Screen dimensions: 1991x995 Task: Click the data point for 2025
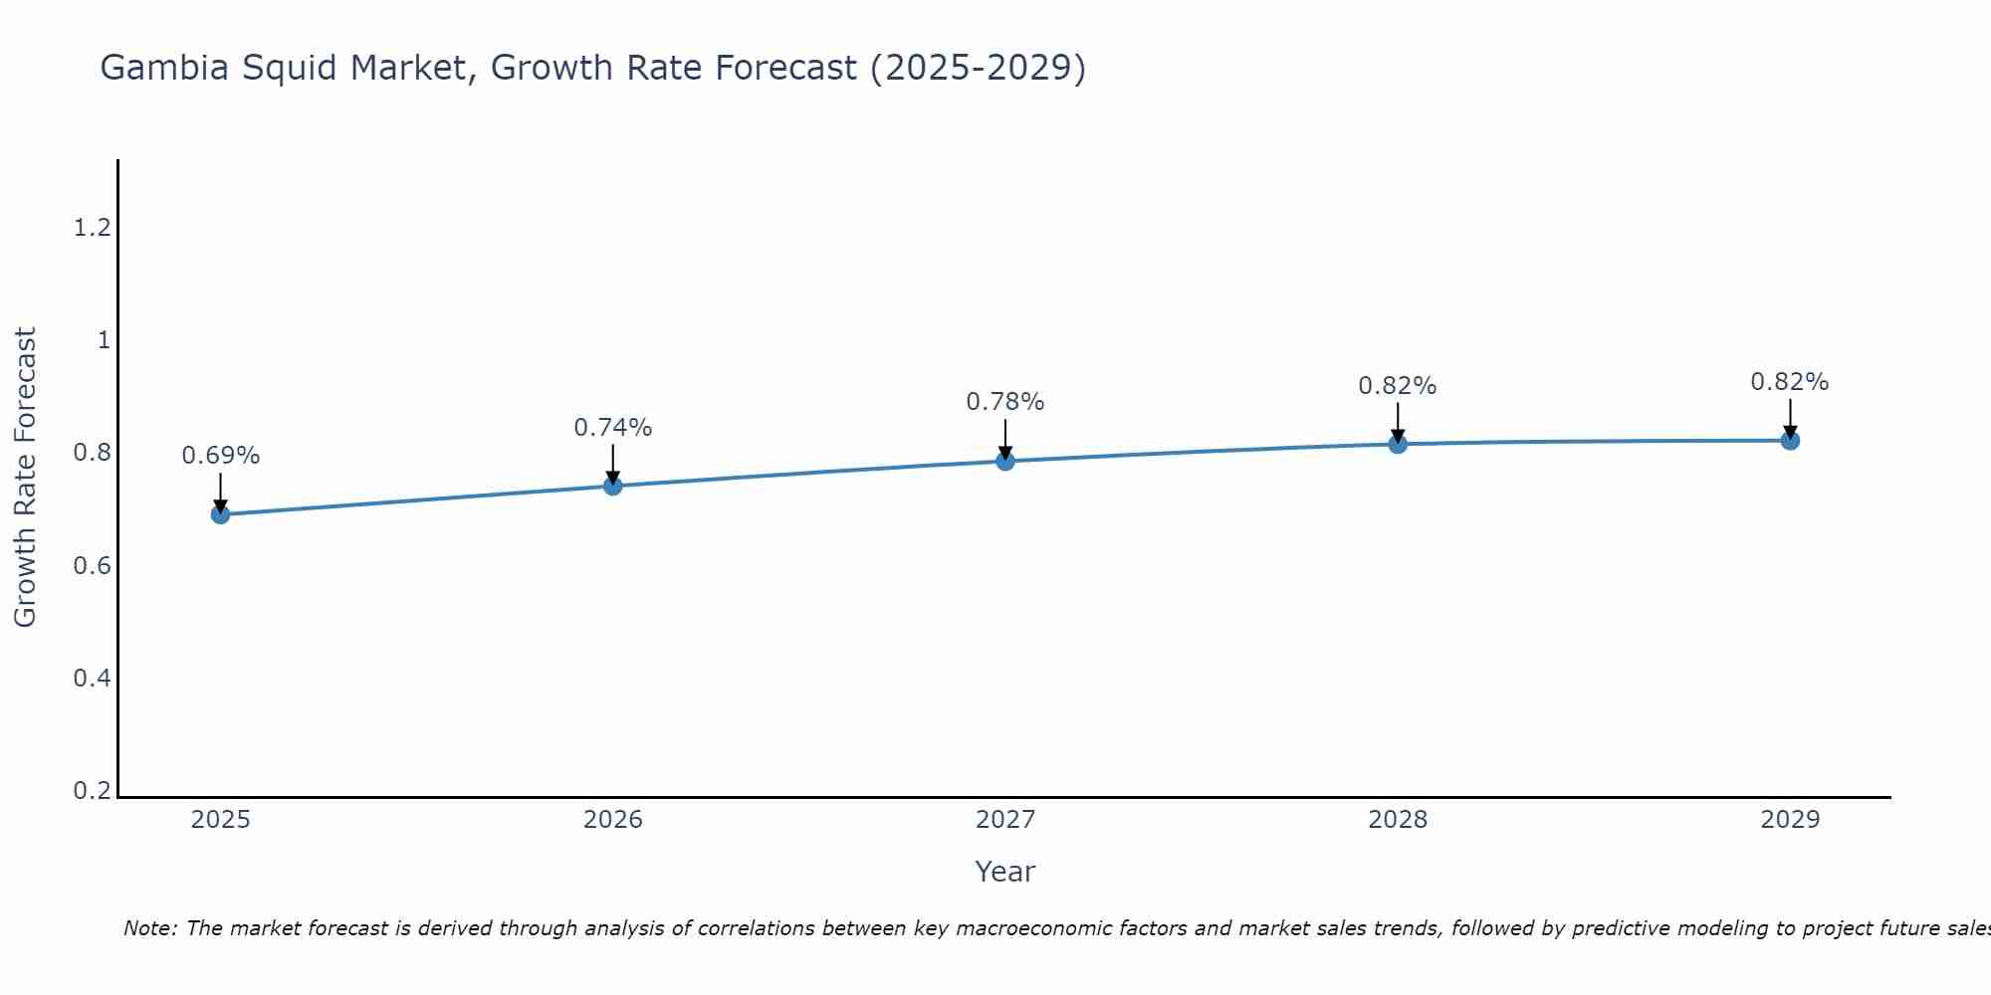pos(221,514)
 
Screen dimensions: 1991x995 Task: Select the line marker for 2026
pos(613,486)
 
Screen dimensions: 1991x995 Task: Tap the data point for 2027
pos(1005,461)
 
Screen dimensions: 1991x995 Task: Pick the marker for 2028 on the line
pos(1398,444)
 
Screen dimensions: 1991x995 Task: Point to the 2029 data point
pos(1790,440)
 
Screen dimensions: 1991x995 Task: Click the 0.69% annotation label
pos(221,456)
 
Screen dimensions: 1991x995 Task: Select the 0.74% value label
pos(613,428)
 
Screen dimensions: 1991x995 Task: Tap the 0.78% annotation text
pos(1005,402)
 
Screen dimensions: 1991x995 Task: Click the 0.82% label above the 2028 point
pos(1398,386)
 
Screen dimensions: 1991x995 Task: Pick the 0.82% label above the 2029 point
pos(1790,382)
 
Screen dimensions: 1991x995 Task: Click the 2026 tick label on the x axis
pos(613,820)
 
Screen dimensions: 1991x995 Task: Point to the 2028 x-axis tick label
pos(1398,820)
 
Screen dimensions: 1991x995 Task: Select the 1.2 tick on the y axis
pos(93,228)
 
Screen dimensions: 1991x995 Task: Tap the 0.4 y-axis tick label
pos(93,679)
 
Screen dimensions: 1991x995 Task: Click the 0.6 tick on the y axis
pos(93,566)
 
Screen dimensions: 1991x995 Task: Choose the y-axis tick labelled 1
pos(104,340)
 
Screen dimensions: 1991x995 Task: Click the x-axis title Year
pos(1005,872)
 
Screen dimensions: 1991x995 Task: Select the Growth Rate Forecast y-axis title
pos(25,478)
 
